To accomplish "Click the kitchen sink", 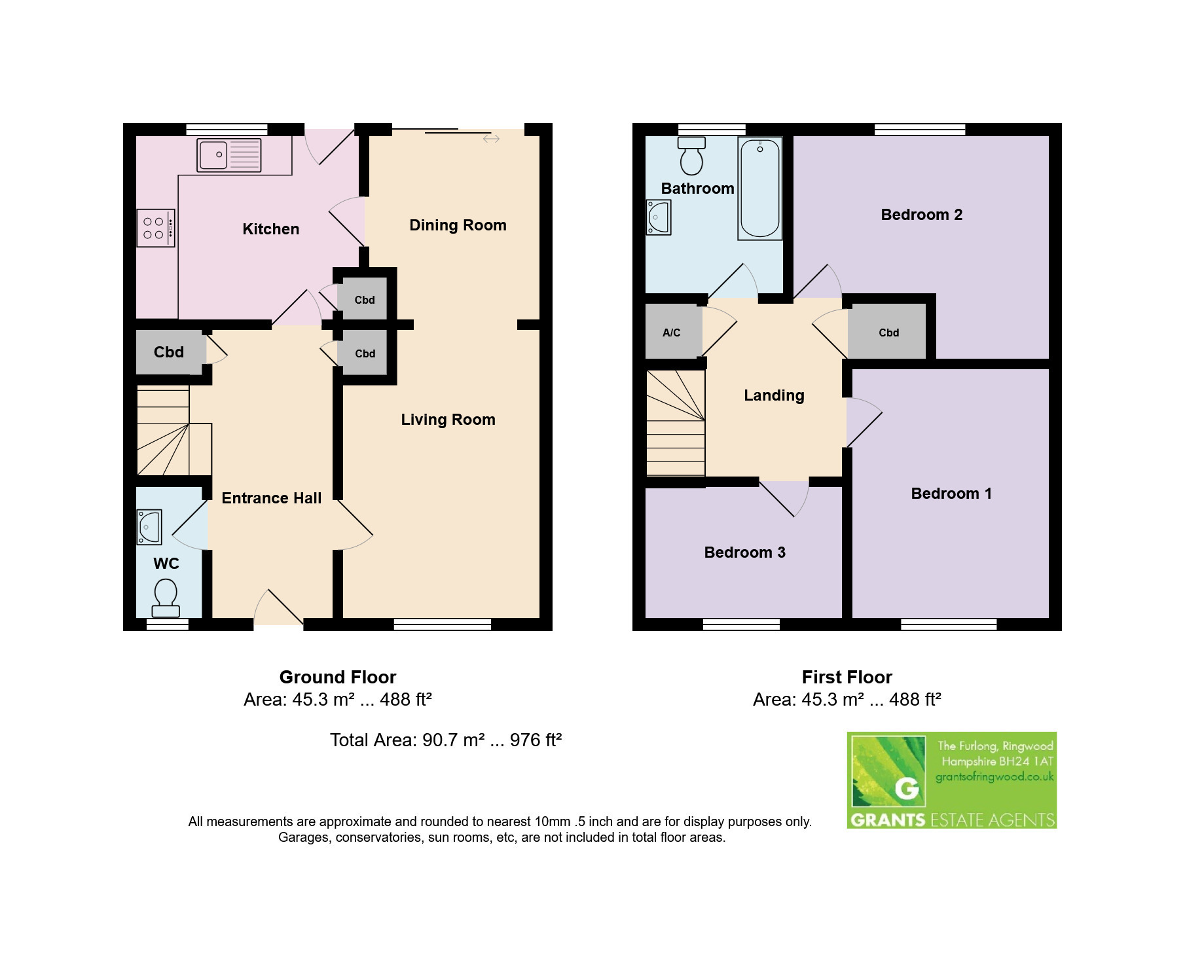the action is pyautogui.click(x=228, y=155).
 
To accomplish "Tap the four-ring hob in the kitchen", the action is pyautogui.click(x=156, y=228).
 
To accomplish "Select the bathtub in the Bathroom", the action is pyautogui.click(x=760, y=189).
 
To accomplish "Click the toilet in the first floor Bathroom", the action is pyautogui.click(x=691, y=155).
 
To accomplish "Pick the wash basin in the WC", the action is pyautogui.click(x=149, y=527).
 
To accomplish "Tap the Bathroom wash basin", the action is pyautogui.click(x=659, y=217).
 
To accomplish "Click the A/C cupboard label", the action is pyautogui.click(x=671, y=333).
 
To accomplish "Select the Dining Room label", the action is pyautogui.click(x=458, y=225).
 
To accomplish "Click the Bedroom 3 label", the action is pyautogui.click(x=744, y=552).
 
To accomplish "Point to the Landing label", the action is pyautogui.click(x=774, y=395).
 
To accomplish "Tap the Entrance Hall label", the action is pyautogui.click(x=272, y=498).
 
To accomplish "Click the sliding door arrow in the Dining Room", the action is pyautogui.click(x=491, y=139).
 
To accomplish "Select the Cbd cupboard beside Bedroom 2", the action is pyautogui.click(x=888, y=331).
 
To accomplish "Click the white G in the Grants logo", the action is pyautogui.click(x=907, y=788).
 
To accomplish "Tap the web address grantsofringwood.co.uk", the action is pyautogui.click(x=994, y=777).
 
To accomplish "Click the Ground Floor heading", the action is pyautogui.click(x=338, y=677).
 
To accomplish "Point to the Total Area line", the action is pyautogui.click(x=446, y=740).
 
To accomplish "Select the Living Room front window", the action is pyautogui.click(x=443, y=624).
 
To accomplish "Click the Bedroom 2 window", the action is pyautogui.click(x=920, y=130).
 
